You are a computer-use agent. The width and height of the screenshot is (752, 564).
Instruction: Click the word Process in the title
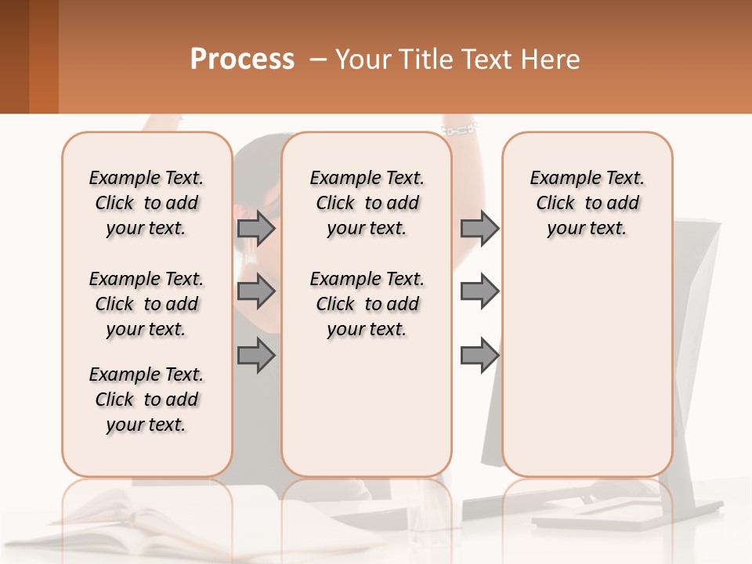pyautogui.click(x=242, y=59)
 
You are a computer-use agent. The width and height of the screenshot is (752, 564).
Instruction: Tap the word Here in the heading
pyautogui.click(x=551, y=59)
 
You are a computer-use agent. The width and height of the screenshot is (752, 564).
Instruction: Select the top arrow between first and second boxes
pyautogui.click(x=255, y=228)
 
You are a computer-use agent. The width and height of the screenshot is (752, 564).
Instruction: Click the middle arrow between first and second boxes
pyautogui.click(x=255, y=291)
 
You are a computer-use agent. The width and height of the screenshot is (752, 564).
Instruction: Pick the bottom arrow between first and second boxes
pyautogui.click(x=255, y=356)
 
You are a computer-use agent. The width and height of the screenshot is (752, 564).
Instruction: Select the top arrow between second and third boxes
pyautogui.click(x=479, y=228)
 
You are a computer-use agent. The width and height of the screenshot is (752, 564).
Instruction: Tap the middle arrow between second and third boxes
pyautogui.click(x=479, y=291)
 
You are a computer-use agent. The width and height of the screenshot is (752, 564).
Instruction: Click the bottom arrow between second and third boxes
pyautogui.click(x=479, y=356)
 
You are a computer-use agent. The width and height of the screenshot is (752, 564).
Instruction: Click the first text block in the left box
pyautogui.click(x=146, y=203)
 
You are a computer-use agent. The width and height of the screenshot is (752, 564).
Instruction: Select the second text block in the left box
pyautogui.click(x=146, y=304)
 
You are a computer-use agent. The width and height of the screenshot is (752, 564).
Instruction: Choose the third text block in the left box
pyautogui.click(x=146, y=399)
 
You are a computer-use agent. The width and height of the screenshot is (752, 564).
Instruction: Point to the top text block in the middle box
pyautogui.click(x=367, y=203)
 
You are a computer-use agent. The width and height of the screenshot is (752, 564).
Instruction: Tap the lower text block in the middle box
pyautogui.click(x=367, y=304)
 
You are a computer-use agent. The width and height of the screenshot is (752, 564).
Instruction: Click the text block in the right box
pyautogui.click(x=587, y=203)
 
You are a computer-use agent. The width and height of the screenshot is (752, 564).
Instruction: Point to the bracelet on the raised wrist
pyautogui.click(x=459, y=127)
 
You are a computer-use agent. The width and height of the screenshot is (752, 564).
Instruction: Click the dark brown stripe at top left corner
pyautogui.click(x=14, y=55)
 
